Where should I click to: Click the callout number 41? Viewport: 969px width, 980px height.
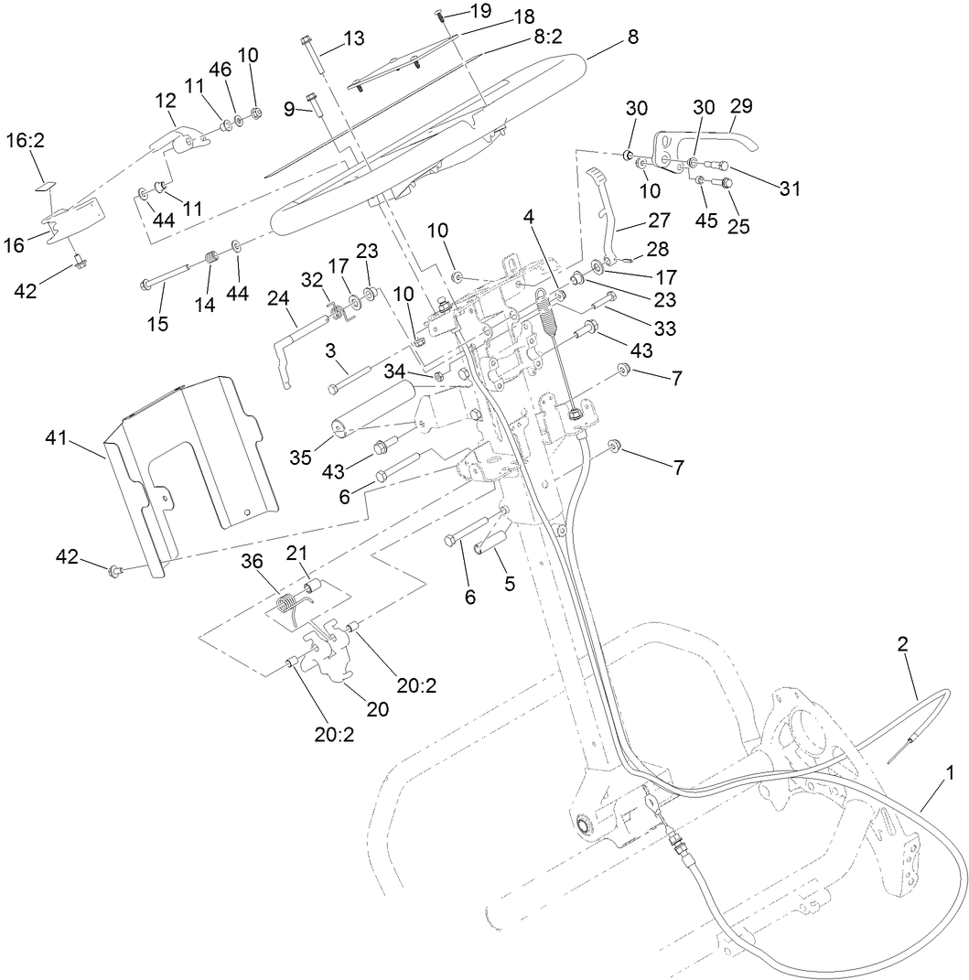coord(56,440)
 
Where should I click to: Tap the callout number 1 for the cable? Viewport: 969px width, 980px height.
coord(950,772)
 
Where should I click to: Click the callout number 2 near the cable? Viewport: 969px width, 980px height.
coord(902,643)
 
